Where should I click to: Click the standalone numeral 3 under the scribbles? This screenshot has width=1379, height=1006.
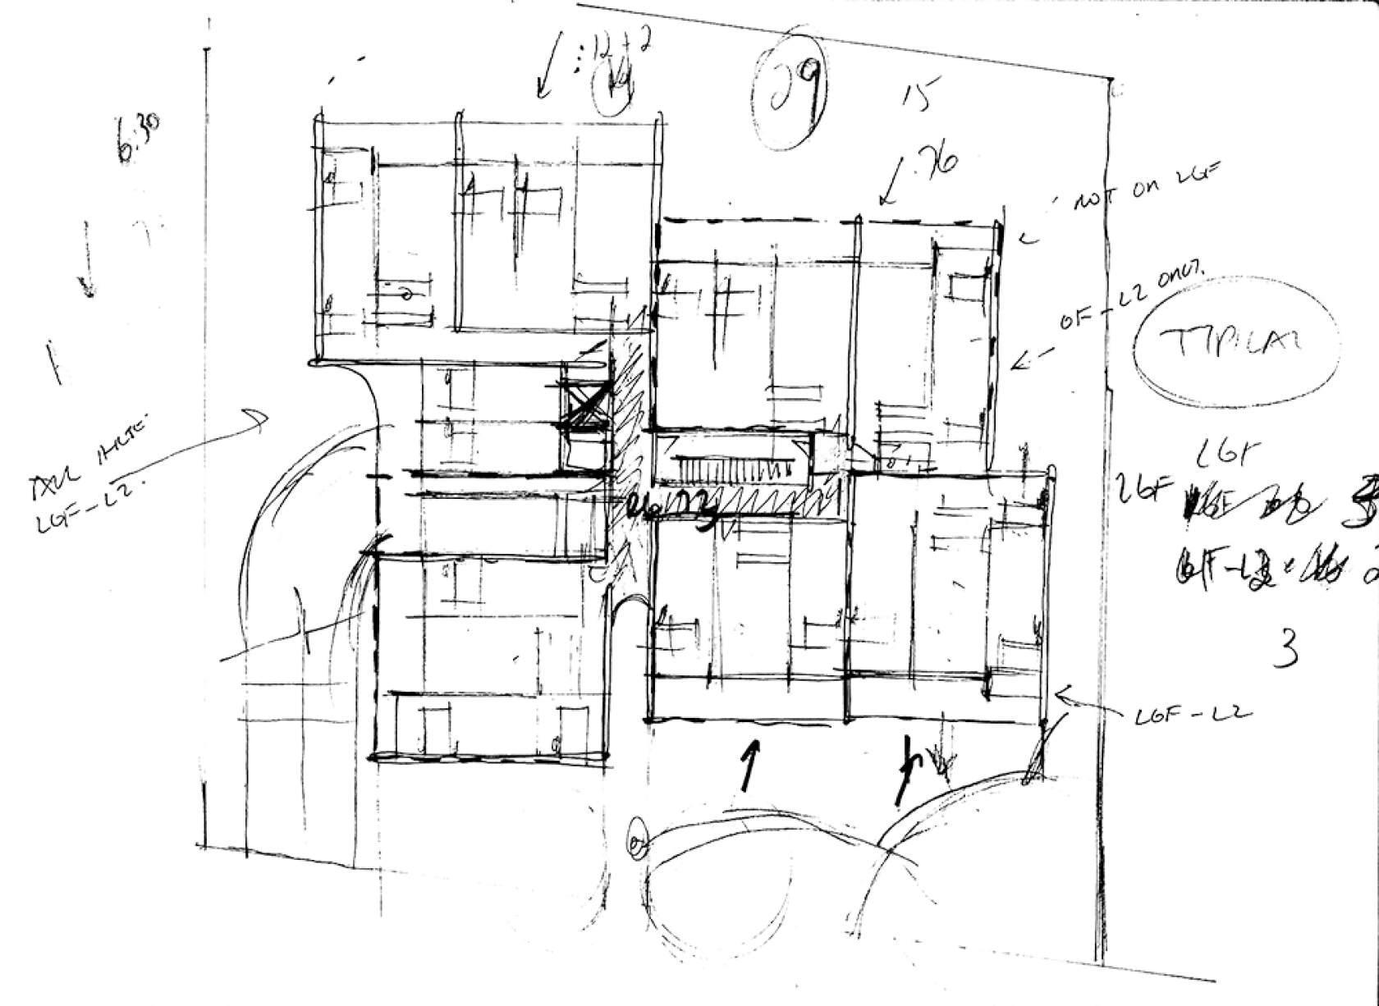coord(1285,647)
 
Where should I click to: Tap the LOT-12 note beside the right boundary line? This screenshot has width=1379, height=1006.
coord(1190,716)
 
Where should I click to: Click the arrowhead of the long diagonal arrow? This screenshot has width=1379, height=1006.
coord(261,418)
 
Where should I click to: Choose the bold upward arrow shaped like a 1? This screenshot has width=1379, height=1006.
coord(747,763)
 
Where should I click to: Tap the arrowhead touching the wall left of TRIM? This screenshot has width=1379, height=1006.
coord(1018,361)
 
